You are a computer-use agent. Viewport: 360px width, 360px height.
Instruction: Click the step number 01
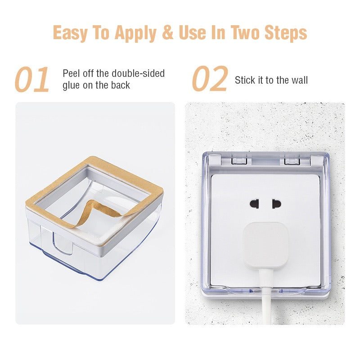[x=32, y=80]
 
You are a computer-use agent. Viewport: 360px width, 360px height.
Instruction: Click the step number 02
[x=210, y=80]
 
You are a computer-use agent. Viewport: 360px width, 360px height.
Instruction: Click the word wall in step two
[x=298, y=80]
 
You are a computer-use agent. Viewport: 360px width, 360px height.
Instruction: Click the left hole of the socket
[x=254, y=204]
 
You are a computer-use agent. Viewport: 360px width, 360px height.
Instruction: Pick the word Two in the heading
[x=246, y=32]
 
